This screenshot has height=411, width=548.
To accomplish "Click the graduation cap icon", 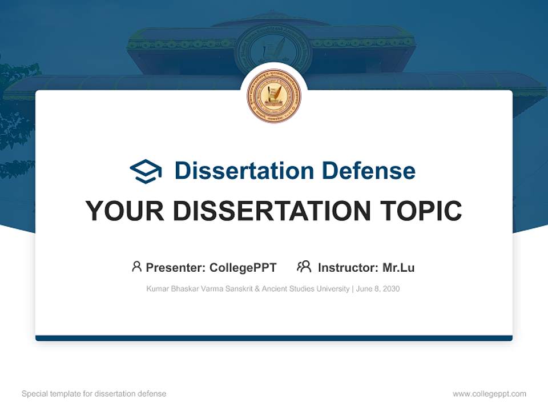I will (146, 171).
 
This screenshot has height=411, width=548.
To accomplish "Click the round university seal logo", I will (274, 96).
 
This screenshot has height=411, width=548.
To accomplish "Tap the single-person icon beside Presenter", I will (136, 267).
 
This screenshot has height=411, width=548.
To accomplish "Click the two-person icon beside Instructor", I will (304, 267).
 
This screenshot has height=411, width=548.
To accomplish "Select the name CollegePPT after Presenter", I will (243, 268).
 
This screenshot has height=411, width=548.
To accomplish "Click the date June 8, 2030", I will (378, 289).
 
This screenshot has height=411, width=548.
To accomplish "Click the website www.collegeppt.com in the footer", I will (489, 394).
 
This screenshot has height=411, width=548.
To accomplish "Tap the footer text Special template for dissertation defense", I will (94, 394).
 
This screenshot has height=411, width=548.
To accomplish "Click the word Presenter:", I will (176, 268).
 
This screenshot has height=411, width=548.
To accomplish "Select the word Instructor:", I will (348, 268).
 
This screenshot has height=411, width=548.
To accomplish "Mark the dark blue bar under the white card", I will (274, 338).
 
